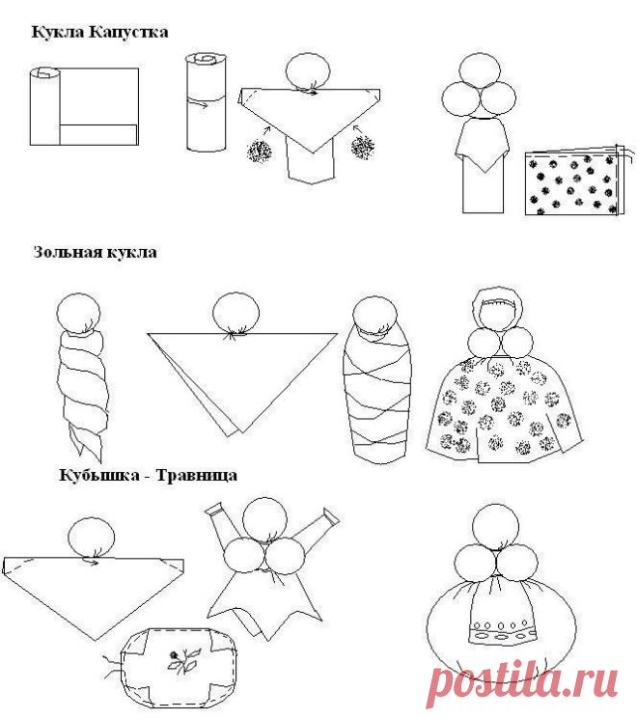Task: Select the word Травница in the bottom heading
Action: (197, 475)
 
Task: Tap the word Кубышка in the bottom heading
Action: (99, 475)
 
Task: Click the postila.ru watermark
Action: (522, 682)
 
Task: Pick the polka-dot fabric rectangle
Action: (572, 183)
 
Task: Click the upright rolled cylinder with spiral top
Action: (206, 102)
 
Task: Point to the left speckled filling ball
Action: (259, 150)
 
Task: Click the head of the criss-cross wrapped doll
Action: (375, 317)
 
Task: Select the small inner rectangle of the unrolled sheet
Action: (98, 134)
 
